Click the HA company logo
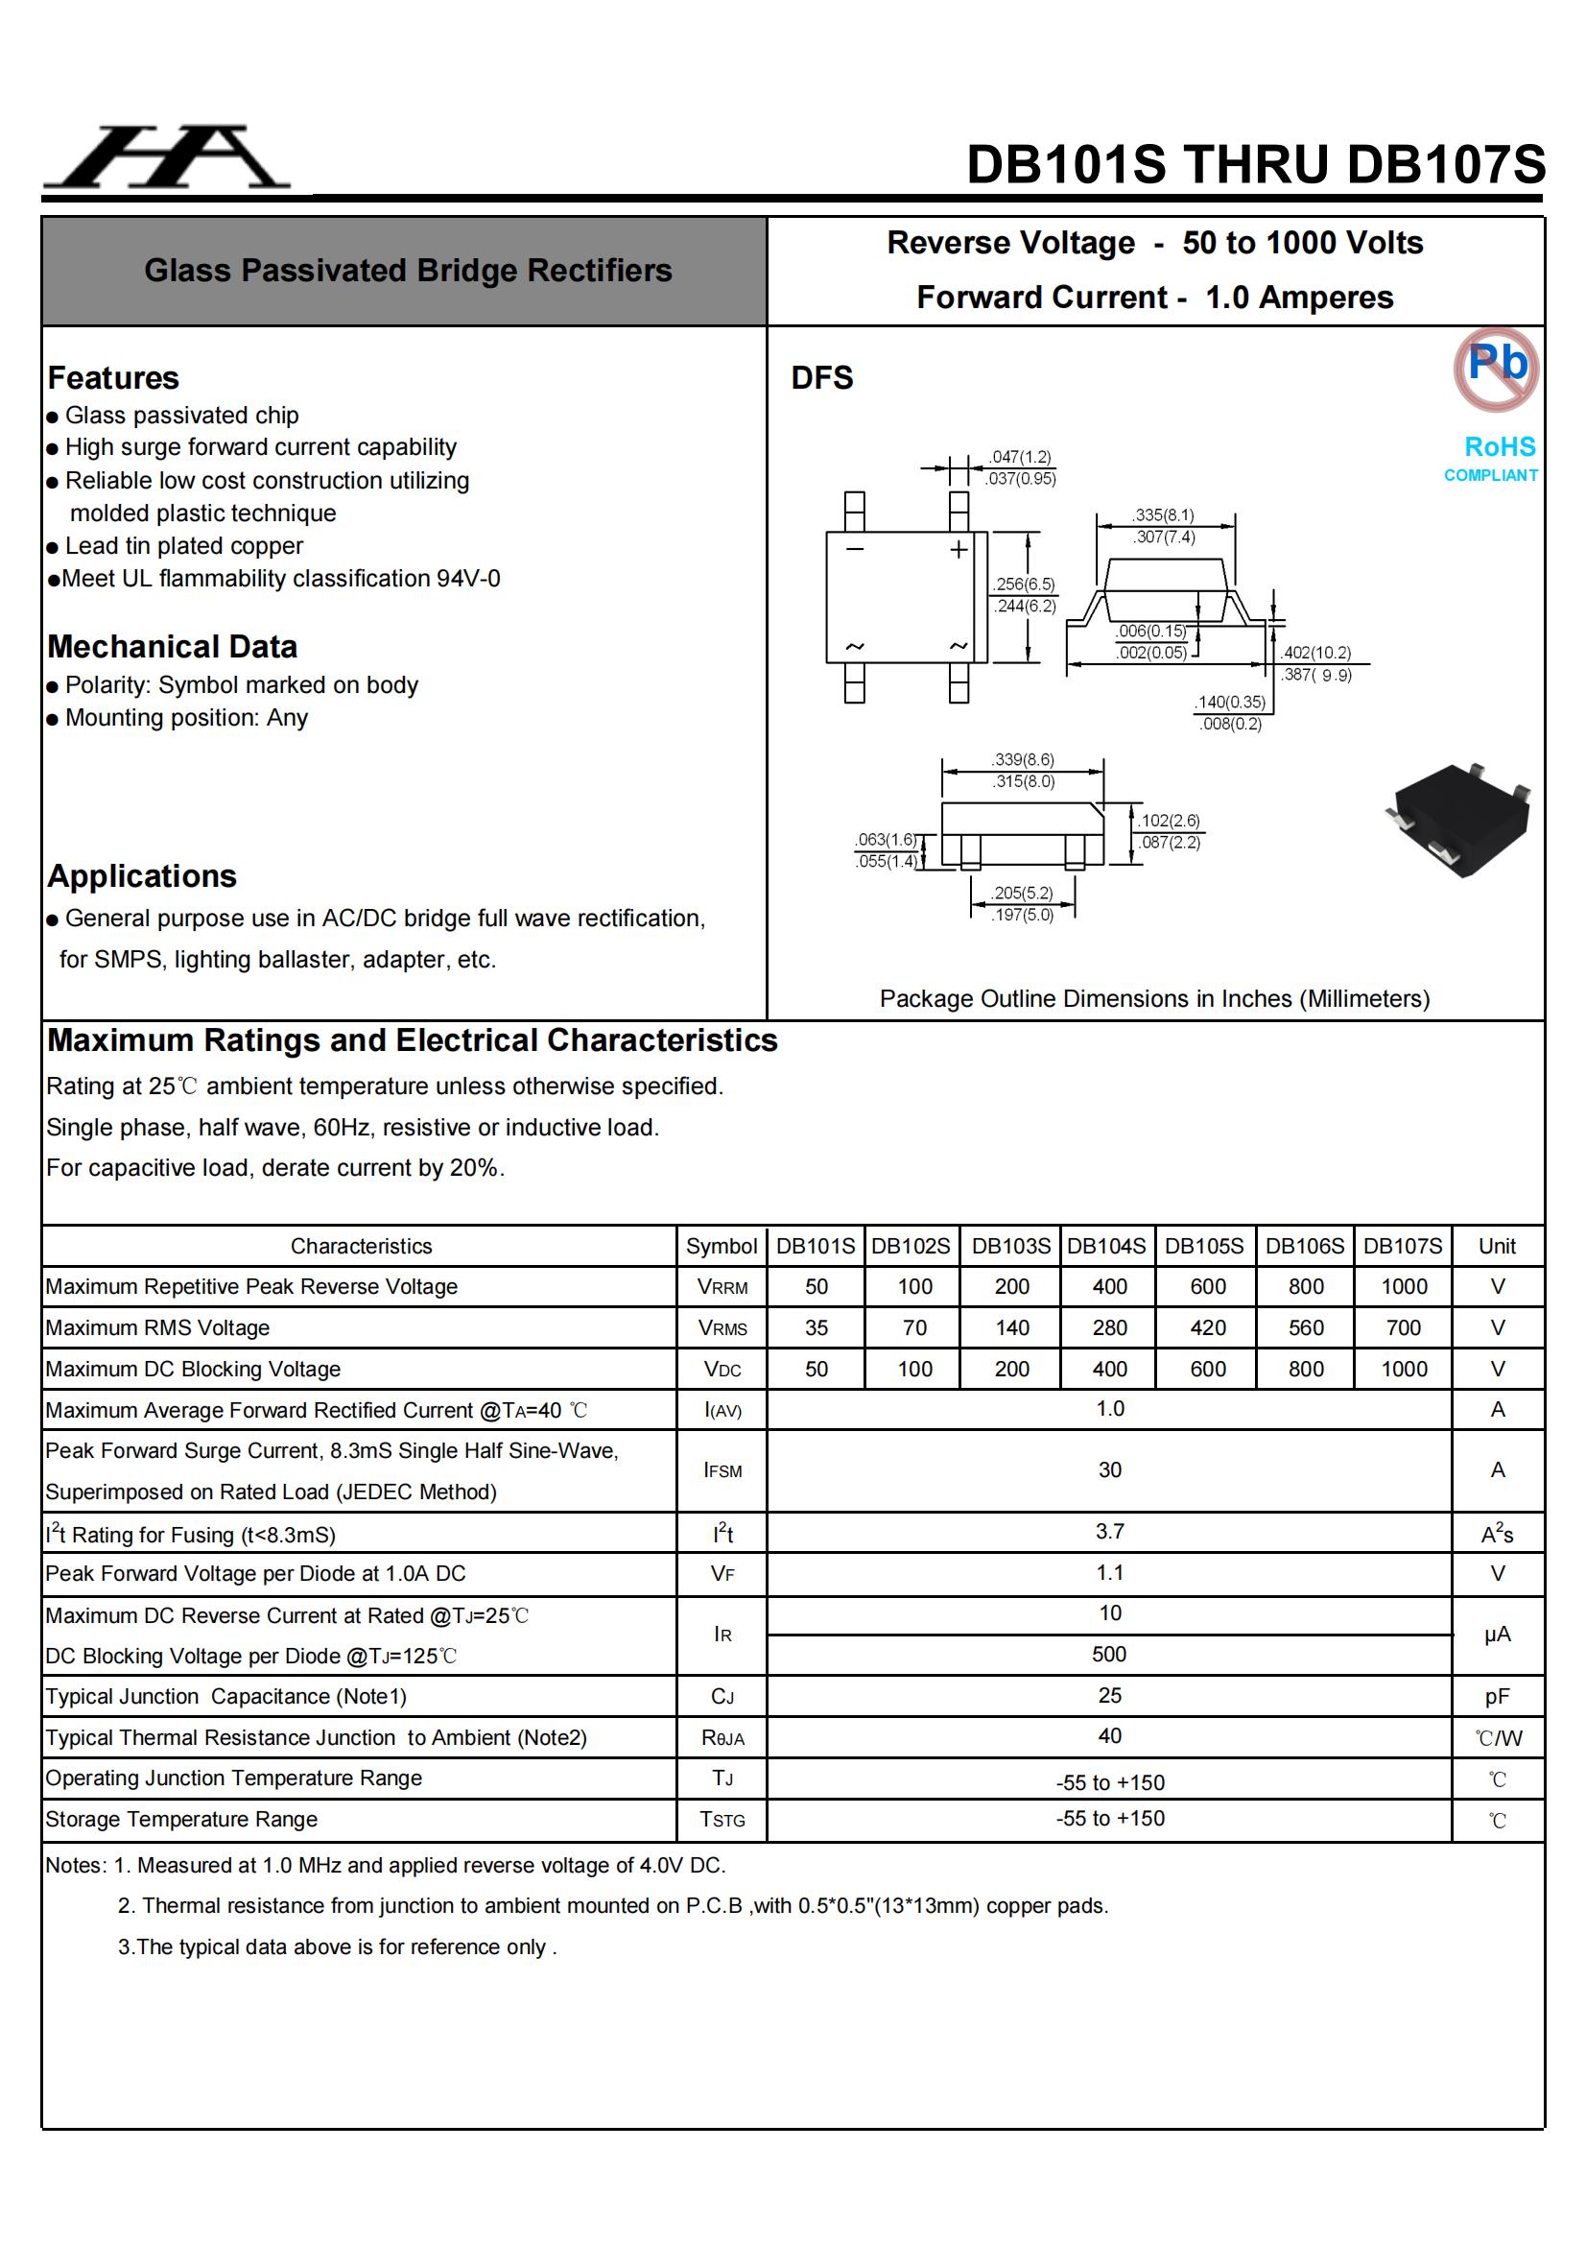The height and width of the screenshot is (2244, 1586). (166, 158)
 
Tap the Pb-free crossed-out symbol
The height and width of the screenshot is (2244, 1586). (1495, 368)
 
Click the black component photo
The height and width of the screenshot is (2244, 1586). (1460, 819)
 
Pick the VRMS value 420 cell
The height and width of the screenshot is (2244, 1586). (1207, 1327)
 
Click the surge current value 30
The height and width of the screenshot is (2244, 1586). (1109, 1470)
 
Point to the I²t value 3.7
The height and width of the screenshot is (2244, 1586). (1109, 1532)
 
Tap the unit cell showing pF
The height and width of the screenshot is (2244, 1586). (1496, 1697)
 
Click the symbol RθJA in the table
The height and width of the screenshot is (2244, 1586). (722, 1738)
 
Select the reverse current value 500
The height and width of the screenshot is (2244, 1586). (1109, 1654)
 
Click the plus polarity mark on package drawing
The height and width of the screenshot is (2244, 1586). (959, 549)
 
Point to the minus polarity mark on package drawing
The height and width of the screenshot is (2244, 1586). (855, 549)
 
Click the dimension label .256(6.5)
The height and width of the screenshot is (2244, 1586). (1025, 584)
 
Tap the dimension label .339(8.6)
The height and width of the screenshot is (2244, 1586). (1023, 759)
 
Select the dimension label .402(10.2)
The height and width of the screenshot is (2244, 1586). (1316, 652)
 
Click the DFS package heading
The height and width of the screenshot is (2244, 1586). (822, 378)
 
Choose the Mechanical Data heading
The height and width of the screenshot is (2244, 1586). (172, 647)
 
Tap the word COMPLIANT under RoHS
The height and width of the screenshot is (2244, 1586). (1490, 476)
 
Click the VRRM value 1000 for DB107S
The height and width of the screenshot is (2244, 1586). (1404, 1286)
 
